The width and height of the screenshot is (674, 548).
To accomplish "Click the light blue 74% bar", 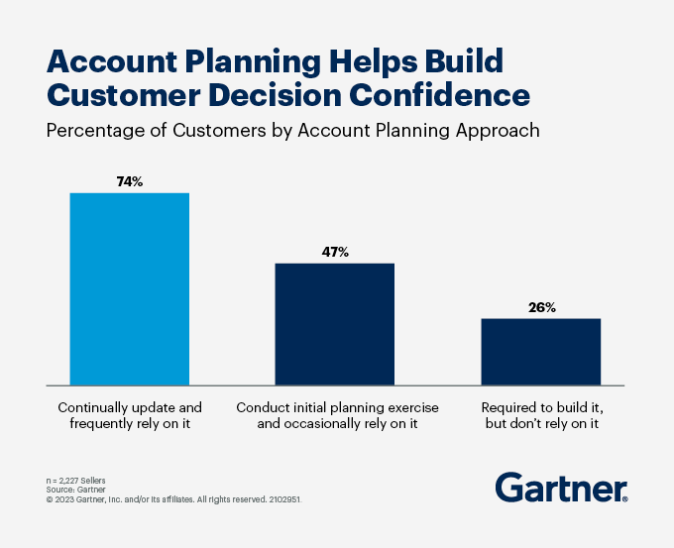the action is (130, 288).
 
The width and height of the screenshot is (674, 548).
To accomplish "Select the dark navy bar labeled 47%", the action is (334, 324).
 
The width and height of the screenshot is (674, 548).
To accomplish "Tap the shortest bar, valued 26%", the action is (541, 352).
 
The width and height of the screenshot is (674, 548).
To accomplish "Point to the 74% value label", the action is (130, 181).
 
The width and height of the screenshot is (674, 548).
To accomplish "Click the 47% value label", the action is (335, 252).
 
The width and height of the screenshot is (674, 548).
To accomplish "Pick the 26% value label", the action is (541, 307).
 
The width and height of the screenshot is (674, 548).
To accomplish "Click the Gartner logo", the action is (561, 487).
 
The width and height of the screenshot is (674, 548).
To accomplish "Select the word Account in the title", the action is (112, 61).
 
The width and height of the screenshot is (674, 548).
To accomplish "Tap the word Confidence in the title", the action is (439, 94).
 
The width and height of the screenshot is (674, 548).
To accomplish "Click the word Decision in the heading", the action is (275, 94).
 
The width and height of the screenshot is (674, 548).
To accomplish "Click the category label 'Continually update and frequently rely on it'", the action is (130, 415).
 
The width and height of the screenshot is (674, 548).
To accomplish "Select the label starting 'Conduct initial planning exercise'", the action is (337, 415).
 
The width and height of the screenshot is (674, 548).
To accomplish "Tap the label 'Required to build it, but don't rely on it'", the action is (541, 415).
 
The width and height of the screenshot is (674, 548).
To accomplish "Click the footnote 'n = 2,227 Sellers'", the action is (75, 481).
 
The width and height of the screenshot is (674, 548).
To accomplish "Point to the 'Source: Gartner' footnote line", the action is (75, 490).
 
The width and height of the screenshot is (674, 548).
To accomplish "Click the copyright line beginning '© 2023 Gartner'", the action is (174, 499).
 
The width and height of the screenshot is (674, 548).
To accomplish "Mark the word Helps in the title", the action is (373, 61).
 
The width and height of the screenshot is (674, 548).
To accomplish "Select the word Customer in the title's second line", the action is (123, 94).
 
